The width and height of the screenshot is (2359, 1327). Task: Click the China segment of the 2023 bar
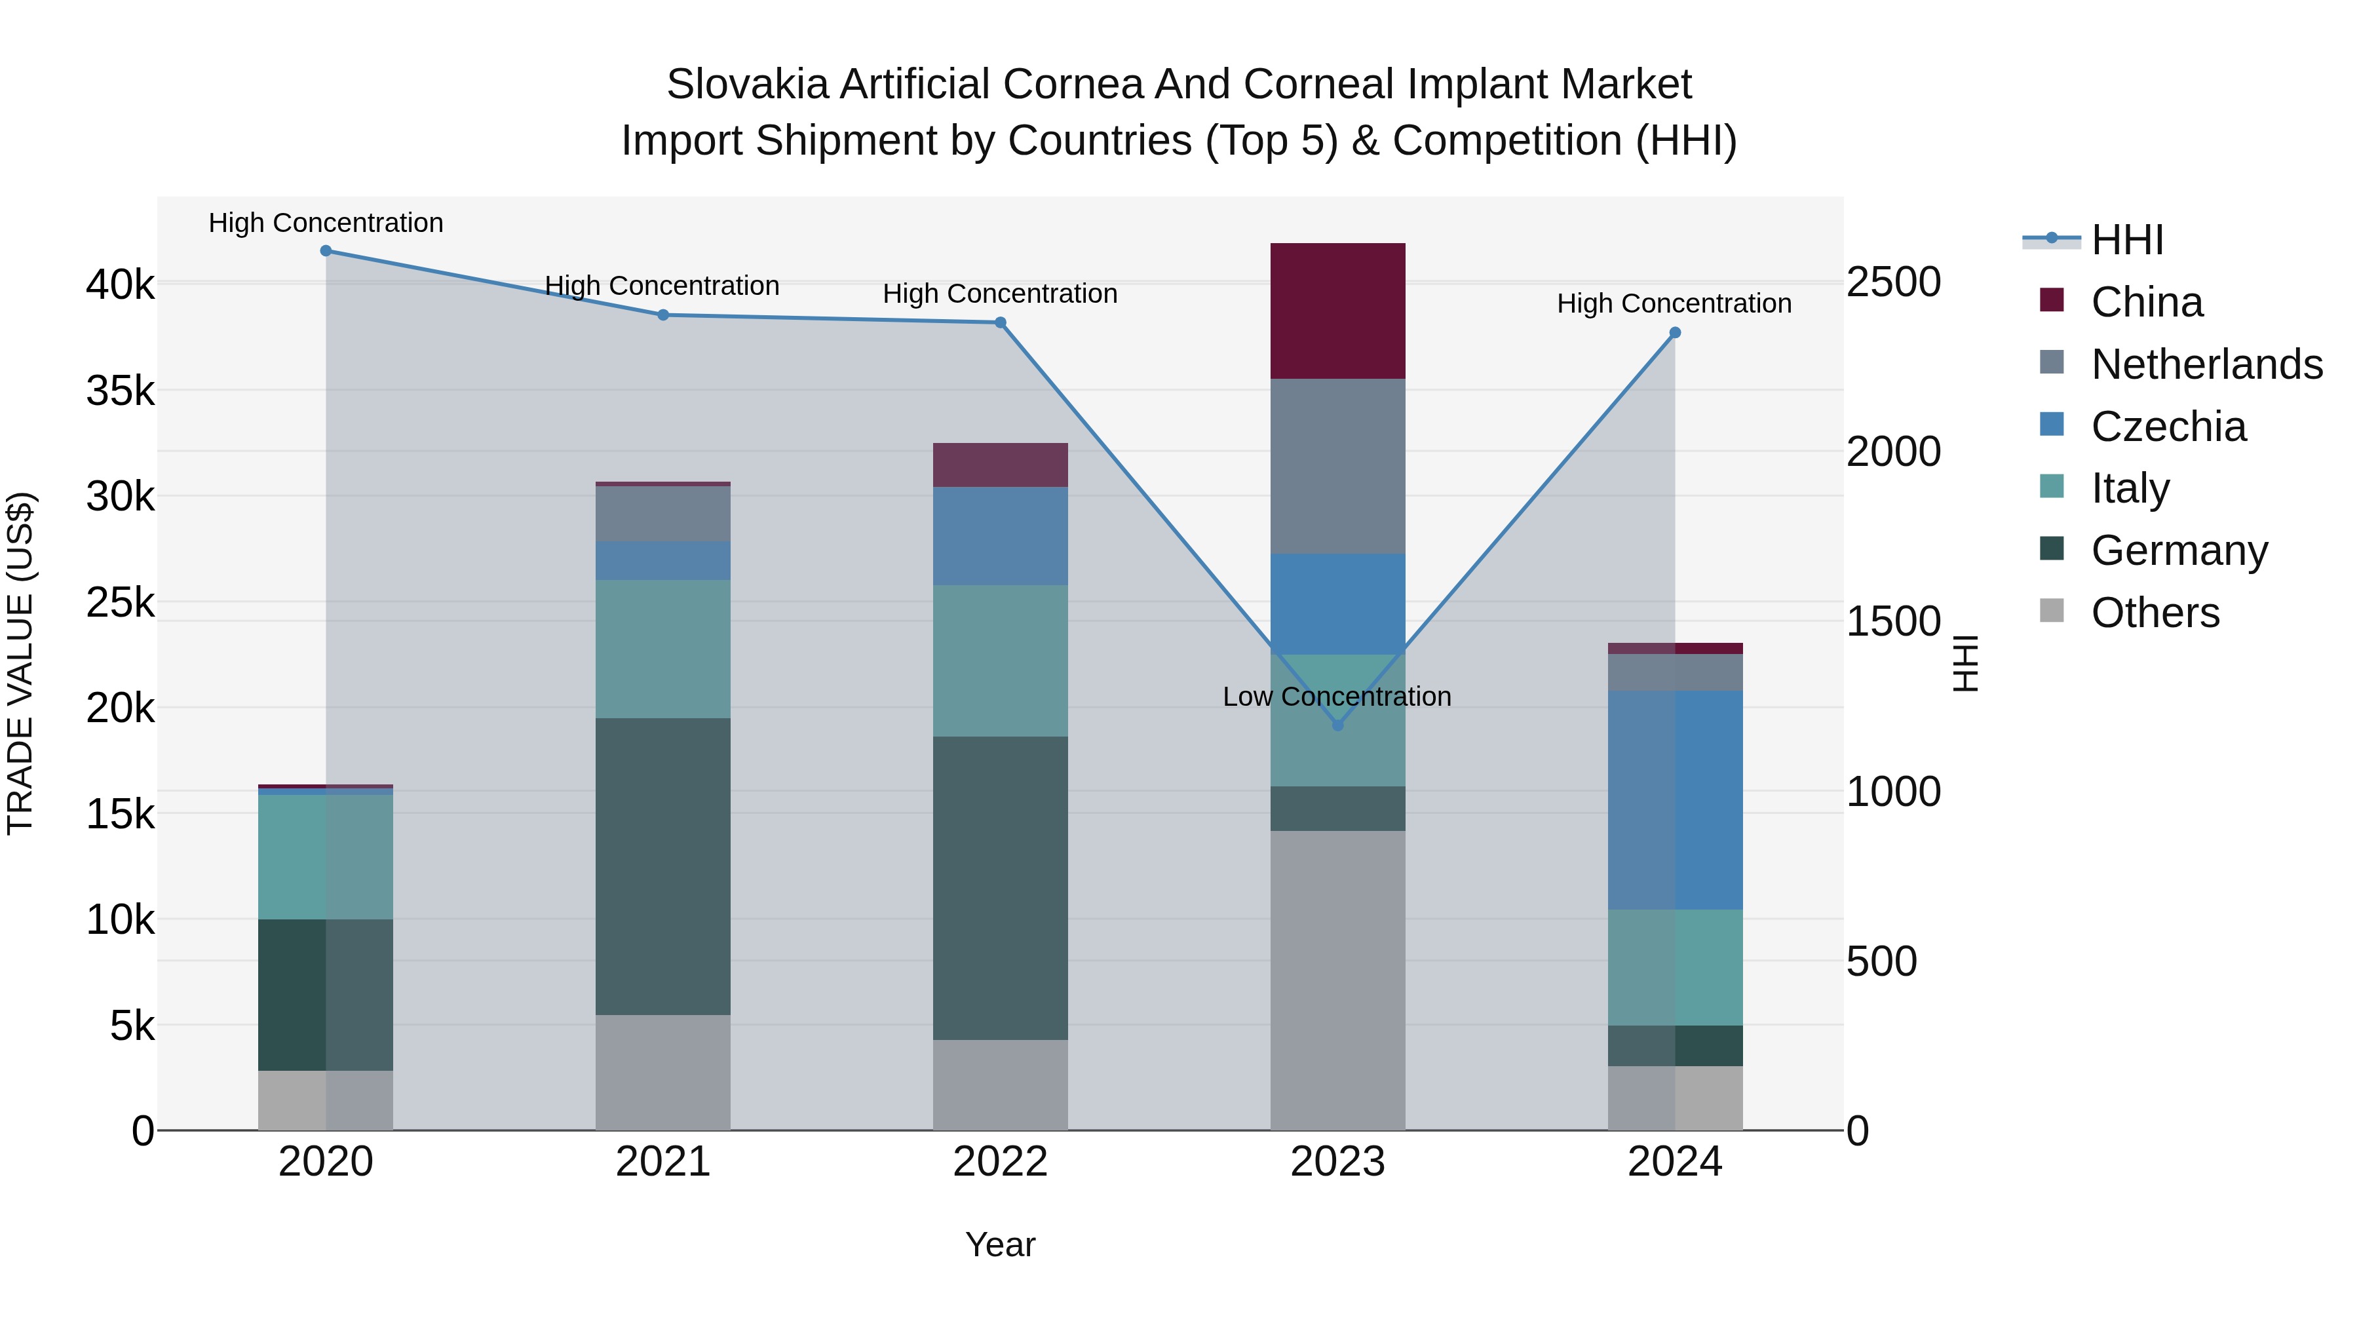click(1337, 311)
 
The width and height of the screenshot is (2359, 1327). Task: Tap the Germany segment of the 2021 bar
click(663, 866)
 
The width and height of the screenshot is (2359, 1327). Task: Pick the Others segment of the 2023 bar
click(1337, 980)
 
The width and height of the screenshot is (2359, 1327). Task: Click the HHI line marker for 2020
click(326, 251)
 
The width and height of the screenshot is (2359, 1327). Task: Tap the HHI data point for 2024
click(1675, 334)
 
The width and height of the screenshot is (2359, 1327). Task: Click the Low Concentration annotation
click(1337, 697)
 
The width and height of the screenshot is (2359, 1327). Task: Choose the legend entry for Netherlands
click(2206, 364)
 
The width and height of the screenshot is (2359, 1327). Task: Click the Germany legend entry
click(2179, 550)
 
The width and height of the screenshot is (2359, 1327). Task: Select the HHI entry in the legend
click(2127, 240)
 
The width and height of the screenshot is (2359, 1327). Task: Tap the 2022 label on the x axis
click(1000, 1162)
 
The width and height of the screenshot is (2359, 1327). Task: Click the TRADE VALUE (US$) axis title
click(20, 663)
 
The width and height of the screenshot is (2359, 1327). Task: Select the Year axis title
click(1000, 1244)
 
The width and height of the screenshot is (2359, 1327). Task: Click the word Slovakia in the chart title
click(746, 85)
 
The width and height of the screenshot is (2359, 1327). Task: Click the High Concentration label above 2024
click(1674, 303)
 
